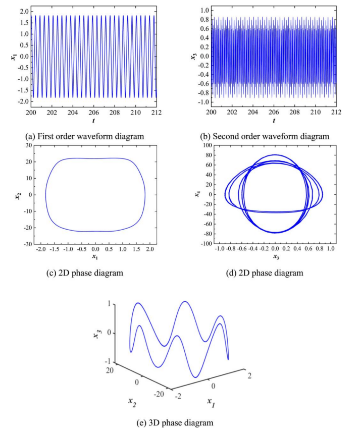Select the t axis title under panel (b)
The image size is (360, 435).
pos(274,122)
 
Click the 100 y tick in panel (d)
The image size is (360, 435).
pos(205,145)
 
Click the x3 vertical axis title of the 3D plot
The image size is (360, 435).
pos(96,331)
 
